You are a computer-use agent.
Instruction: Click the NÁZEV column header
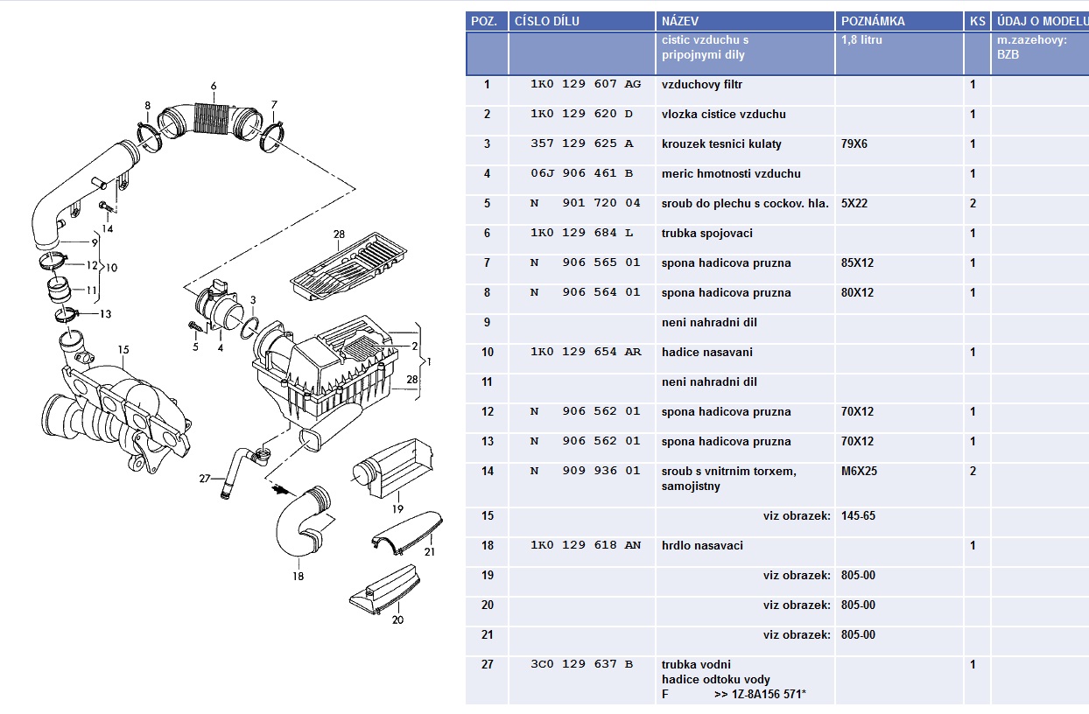click(679, 21)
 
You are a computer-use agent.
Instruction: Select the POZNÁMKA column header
click(873, 21)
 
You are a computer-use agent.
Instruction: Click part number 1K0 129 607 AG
click(586, 84)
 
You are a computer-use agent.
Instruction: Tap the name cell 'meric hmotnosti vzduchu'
click(731, 173)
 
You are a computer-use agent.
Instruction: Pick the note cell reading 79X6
click(854, 143)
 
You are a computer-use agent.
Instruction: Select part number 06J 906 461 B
click(581, 173)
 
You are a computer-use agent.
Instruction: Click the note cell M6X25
click(859, 471)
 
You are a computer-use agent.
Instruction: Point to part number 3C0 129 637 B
click(581, 664)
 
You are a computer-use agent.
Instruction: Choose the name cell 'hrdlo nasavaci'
click(702, 545)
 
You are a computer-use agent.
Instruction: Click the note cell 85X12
click(857, 263)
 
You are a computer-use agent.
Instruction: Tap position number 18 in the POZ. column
click(487, 545)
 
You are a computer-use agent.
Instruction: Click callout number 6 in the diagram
click(214, 86)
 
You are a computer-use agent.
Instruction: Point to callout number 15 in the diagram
click(123, 349)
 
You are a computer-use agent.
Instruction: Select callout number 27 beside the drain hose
click(205, 479)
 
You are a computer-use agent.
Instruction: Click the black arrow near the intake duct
click(279, 489)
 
